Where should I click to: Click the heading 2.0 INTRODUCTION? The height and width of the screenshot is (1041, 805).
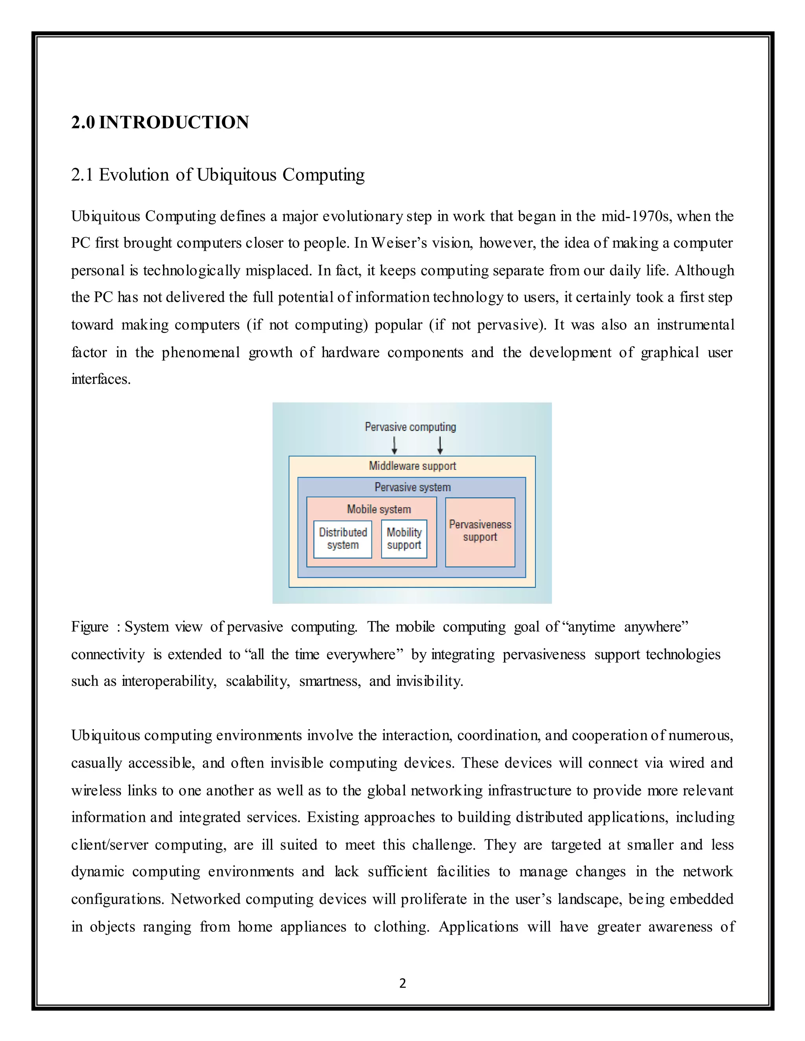coord(160,123)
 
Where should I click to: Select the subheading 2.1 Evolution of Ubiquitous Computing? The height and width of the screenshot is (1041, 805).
coord(217,175)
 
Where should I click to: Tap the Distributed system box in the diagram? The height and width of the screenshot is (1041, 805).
coord(342,539)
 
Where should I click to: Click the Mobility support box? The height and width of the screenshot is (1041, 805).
coord(404,539)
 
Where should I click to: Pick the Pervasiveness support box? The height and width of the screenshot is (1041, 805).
coord(480,531)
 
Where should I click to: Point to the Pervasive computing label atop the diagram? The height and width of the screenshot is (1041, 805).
coord(410,427)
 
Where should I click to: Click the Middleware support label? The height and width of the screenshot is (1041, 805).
coord(412,466)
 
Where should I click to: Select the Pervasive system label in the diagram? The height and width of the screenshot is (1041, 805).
coord(412,487)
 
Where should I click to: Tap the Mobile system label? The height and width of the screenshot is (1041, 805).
coord(379,509)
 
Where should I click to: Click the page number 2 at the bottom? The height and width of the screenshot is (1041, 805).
coord(402,983)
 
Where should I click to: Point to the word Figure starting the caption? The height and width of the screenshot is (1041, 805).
coord(90,627)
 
